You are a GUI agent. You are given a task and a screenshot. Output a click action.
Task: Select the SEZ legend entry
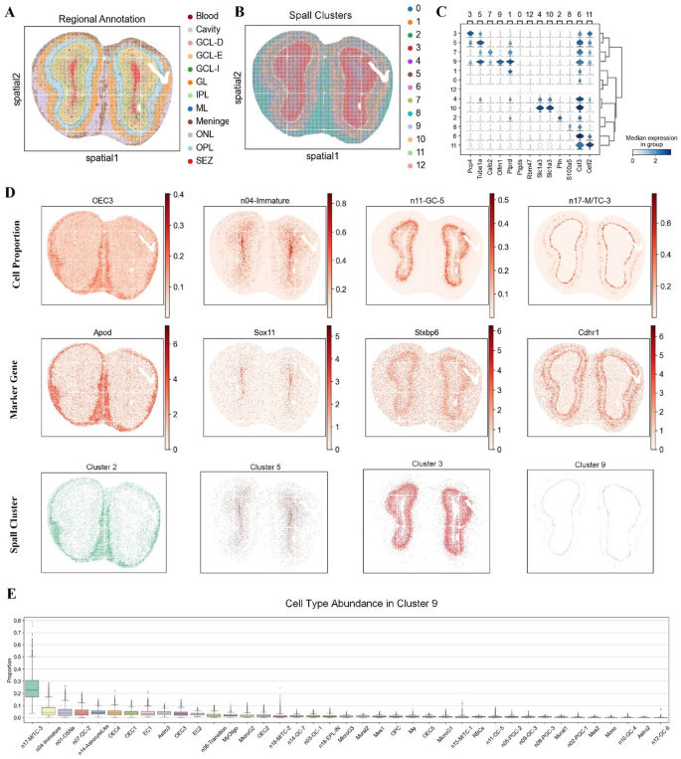pyautogui.click(x=203, y=160)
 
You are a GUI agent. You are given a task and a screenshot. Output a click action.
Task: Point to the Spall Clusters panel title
pyautogui.click(x=305, y=18)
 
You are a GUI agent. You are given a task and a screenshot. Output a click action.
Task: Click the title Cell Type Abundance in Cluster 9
pyautogui.click(x=345, y=603)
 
